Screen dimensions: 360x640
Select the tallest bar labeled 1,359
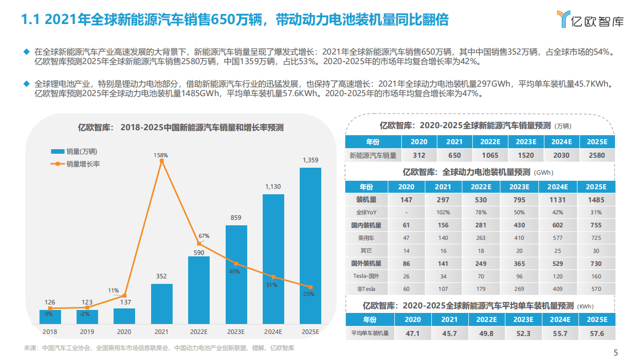coord(310,245)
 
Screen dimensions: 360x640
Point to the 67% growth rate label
coord(204,236)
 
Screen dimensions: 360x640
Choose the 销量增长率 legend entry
coord(83,164)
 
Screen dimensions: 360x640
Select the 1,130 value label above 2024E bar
coord(273,187)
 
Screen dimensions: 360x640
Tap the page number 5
coord(615,351)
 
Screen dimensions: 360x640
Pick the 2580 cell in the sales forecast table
coord(596,155)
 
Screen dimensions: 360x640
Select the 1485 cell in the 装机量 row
coord(596,200)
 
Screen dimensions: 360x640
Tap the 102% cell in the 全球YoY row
coord(443,212)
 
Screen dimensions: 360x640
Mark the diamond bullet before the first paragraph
coord(27,52)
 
